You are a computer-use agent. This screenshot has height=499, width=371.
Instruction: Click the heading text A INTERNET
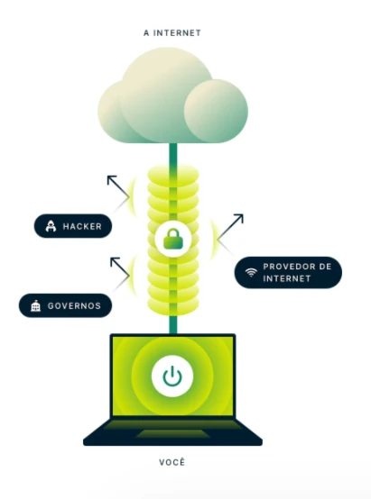pos(172,32)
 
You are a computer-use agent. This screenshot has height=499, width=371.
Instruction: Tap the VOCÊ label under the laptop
pos(172,462)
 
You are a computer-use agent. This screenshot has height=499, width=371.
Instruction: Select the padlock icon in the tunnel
pos(173,239)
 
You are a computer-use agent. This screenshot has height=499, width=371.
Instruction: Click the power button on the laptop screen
pos(172,377)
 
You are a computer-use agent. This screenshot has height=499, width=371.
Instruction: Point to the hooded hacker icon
pos(51,226)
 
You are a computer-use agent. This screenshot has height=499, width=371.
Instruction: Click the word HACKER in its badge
pos(82,226)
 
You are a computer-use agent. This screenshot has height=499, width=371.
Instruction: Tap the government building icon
pos(35,306)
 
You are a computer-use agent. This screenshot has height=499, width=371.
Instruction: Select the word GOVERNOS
pos(74,306)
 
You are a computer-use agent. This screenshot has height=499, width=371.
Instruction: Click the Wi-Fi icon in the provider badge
pos(251,272)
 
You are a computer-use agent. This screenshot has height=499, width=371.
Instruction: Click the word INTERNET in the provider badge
pos(287,278)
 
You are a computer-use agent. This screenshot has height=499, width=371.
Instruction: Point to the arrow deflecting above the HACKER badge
pos(118,186)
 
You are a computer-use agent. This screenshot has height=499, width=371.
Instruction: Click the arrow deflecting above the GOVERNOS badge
pos(120,267)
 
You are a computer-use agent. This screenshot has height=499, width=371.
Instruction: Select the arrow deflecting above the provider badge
pos(230,227)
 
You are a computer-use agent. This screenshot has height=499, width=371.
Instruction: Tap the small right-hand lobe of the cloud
pos(216,111)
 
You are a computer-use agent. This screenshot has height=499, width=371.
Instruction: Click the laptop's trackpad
pos(172,433)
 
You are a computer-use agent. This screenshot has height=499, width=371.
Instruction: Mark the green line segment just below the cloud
pos(173,154)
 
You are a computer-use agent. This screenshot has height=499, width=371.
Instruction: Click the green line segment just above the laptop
pos(173,324)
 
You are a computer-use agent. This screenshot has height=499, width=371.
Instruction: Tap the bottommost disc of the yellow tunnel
pos(173,307)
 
